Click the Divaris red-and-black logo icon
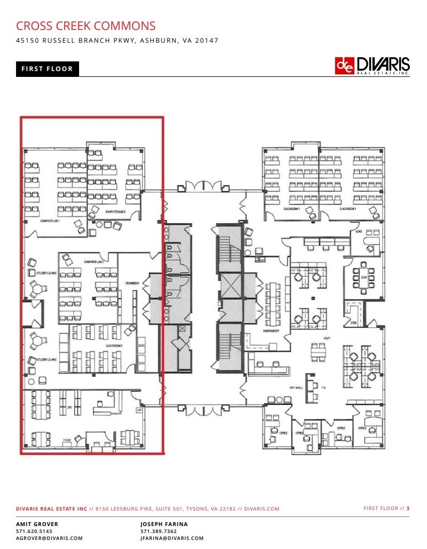point(344,66)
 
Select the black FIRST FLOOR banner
point(47,69)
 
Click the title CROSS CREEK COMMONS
point(86,26)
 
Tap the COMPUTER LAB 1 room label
point(50,221)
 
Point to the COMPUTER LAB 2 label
point(115,211)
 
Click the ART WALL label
point(297,387)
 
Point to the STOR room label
point(353,323)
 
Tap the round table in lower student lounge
point(37,339)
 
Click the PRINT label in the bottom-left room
point(67,441)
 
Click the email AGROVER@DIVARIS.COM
point(49,538)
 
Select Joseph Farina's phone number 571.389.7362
point(158,531)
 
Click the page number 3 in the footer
point(408,508)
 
